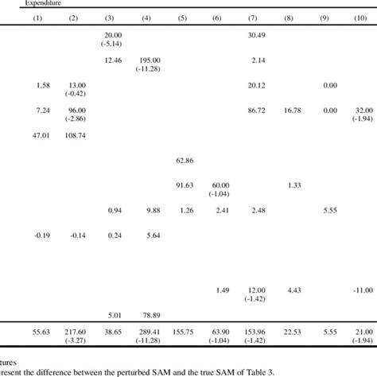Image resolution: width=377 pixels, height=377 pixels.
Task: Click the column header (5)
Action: pyautogui.click(x=183, y=17)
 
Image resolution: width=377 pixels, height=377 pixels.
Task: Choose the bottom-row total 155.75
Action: pyautogui.click(x=183, y=331)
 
